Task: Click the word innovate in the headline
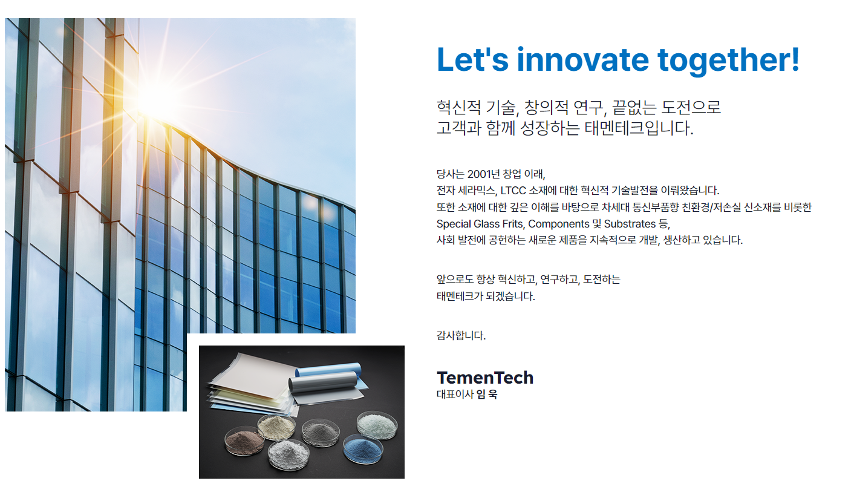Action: pyautogui.click(x=582, y=60)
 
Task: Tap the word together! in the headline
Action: pyautogui.click(x=729, y=61)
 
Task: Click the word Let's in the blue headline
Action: pyautogui.click(x=472, y=59)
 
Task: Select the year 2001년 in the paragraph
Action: pyautogui.click(x=483, y=174)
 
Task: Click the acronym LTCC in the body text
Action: pyautogui.click(x=513, y=191)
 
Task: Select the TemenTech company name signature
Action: pyautogui.click(x=485, y=378)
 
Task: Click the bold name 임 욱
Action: pyautogui.click(x=487, y=395)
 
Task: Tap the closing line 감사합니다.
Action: pyautogui.click(x=461, y=336)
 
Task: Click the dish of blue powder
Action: pyautogui.click(x=362, y=448)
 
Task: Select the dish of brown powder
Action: pyautogui.click(x=244, y=441)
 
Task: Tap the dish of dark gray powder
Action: pyautogui.click(x=321, y=432)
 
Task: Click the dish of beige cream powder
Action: pyautogui.click(x=276, y=427)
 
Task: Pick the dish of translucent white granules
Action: pyautogui.click(x=377, y=424)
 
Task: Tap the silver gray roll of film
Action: pyautogui.click(x=324, y=382)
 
